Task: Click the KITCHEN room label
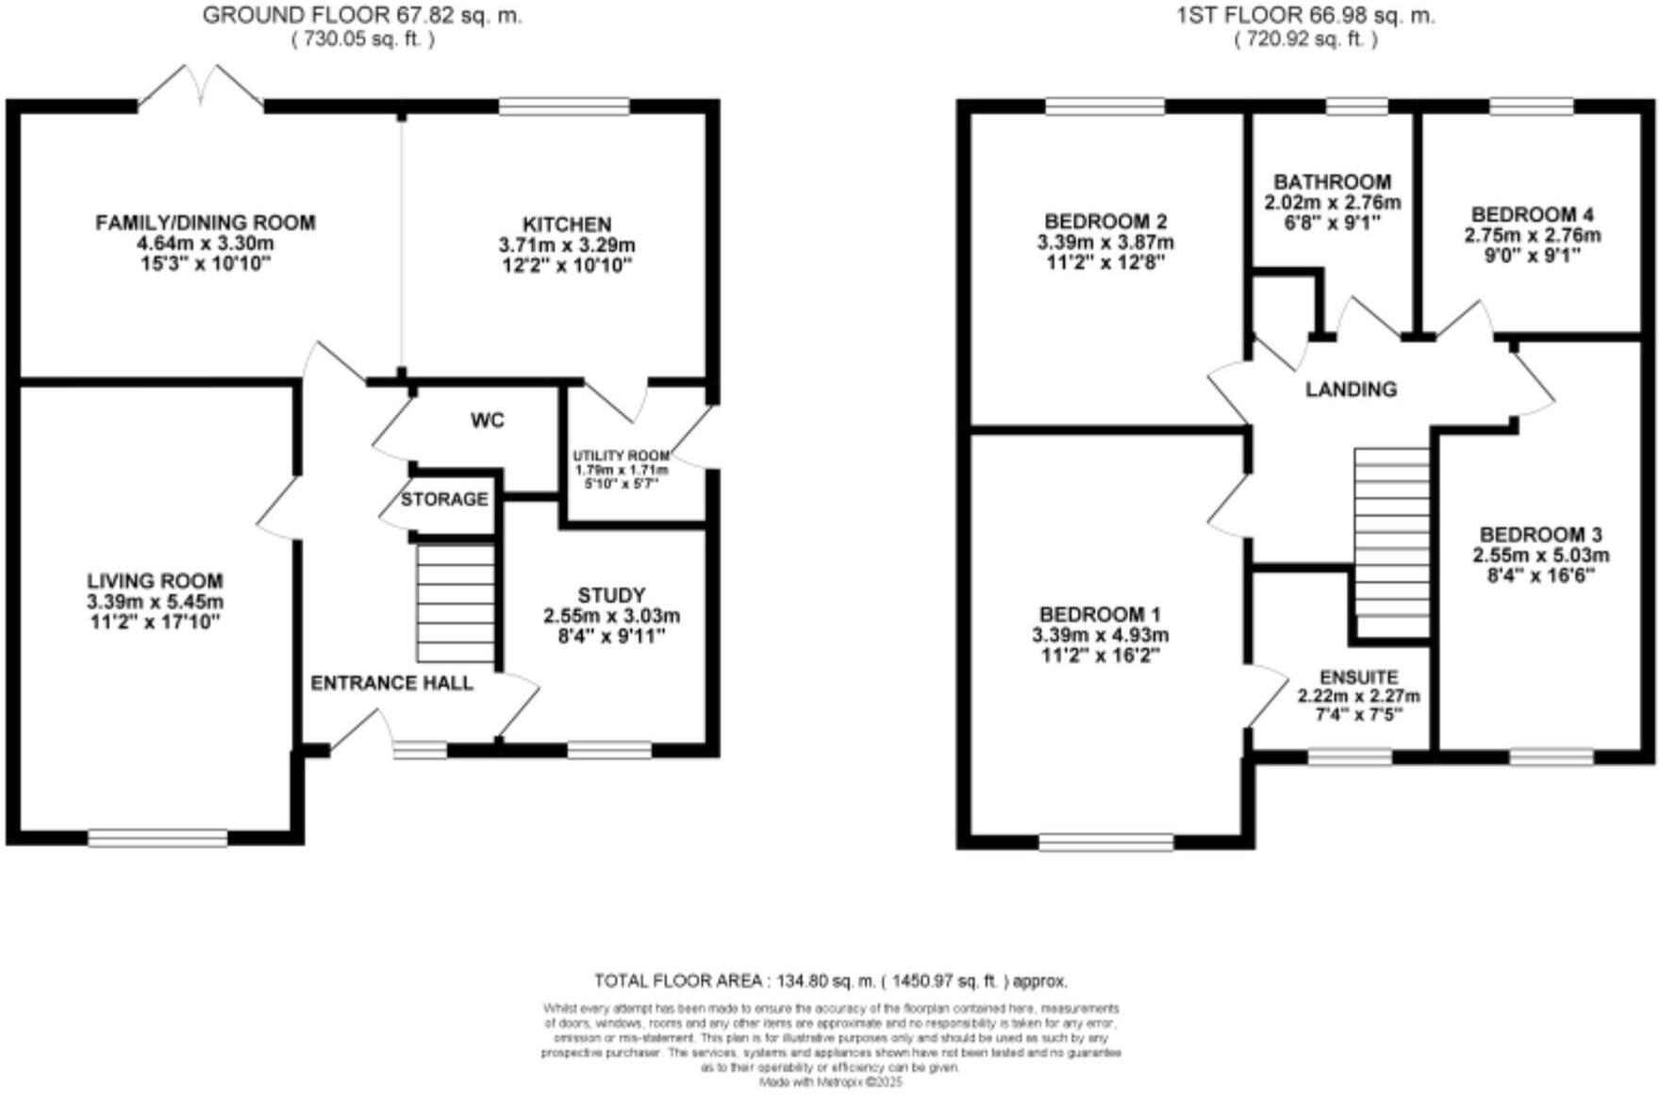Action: (567, 224)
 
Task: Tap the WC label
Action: (488, 421)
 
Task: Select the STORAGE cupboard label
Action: (444, 499)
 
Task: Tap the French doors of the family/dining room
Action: (201, 90)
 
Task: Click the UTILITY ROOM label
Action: (621, 457)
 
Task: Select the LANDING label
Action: (1351, 390)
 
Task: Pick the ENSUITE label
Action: (1358, 677)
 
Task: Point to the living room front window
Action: (158, 838)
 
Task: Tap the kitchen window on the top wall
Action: (564, 106)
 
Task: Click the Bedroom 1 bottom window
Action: (1106, 841)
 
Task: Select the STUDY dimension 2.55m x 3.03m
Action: (611, 616)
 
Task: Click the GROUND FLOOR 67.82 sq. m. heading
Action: (362, 16)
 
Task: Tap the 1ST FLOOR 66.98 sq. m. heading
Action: (1305, 16)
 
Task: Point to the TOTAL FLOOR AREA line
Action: (830, 981)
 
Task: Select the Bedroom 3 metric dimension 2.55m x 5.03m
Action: (1541, 556)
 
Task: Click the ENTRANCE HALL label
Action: (391, 683)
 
